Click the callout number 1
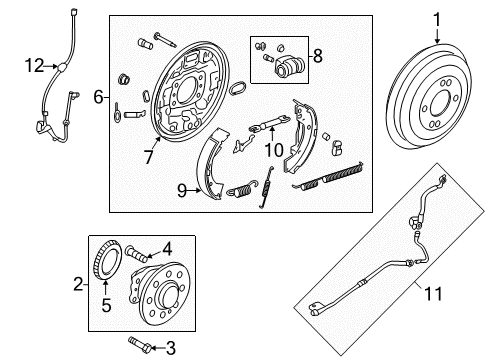point(437,18)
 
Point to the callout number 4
point(168,248)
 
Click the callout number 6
point(99,97)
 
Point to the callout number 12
point(34,67)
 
